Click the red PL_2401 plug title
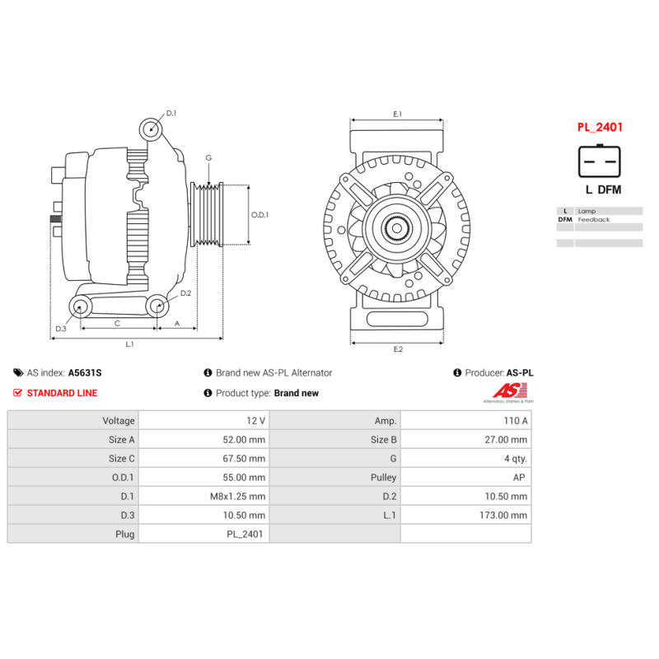(600, 127)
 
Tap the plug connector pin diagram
(600, 161)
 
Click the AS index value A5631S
(85, 373)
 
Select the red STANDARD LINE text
(62, 393)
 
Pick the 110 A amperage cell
(466, 420)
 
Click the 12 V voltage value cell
(203, 420)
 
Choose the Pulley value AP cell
(466, 477)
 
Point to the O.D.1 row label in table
(123, 478)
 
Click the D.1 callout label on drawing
(171, 113)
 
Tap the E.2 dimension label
(398, 348)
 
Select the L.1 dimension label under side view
(129, 344)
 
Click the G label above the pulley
(208, 158)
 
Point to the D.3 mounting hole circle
(80, 306)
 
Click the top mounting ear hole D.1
(151, 129)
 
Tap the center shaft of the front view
(397, 229)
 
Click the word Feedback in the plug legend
(593, 219)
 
